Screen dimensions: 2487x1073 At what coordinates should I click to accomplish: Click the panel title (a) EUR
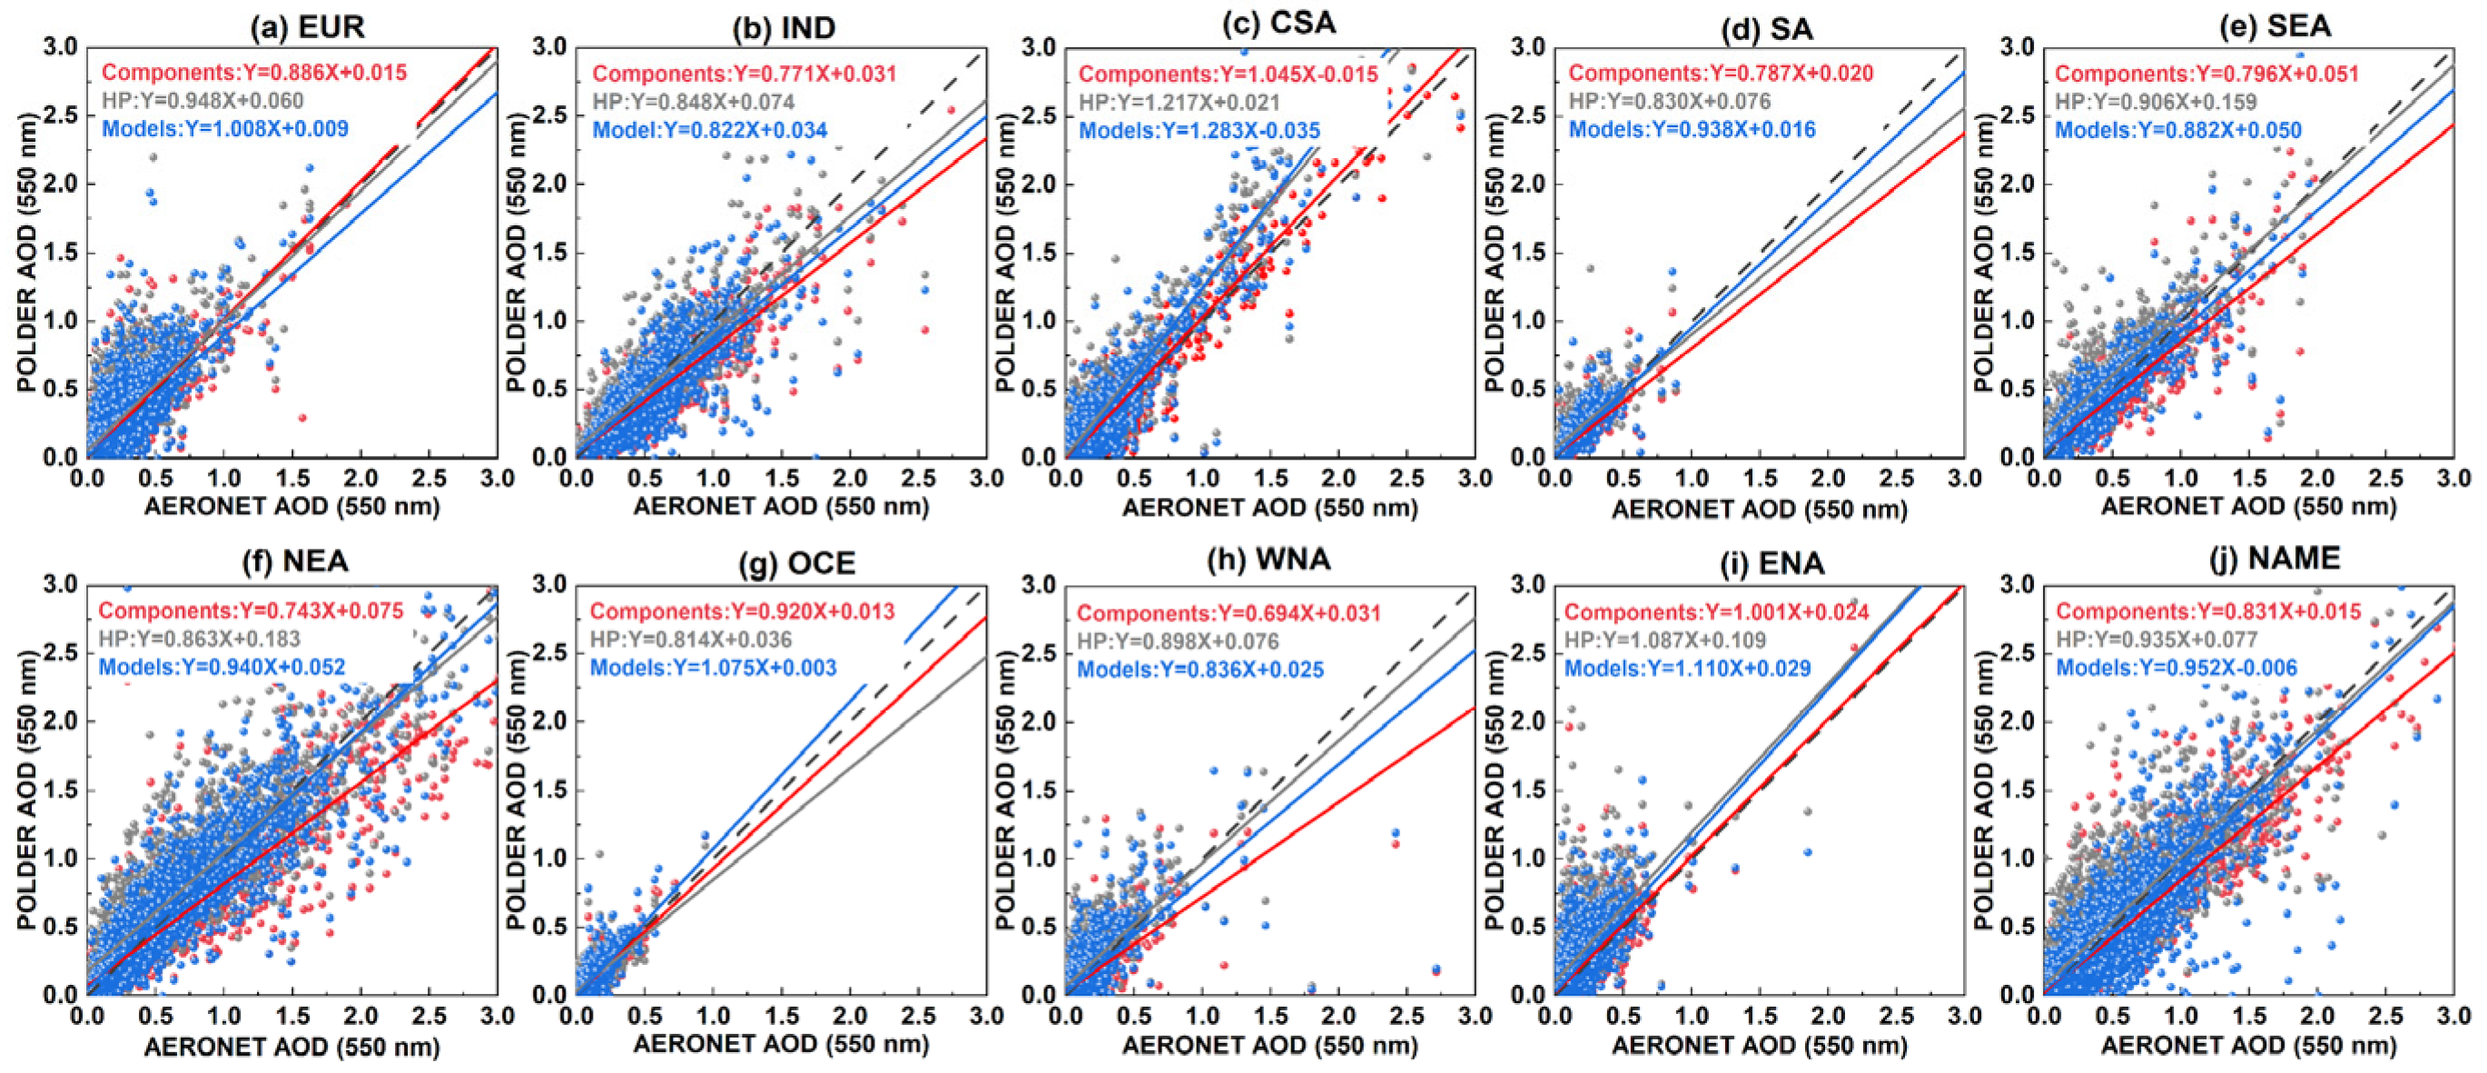(x=308, y=26)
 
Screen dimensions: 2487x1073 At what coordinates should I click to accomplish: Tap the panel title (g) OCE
(x=796, y=563)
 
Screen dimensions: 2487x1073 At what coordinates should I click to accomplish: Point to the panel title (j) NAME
(x=2275, y=558)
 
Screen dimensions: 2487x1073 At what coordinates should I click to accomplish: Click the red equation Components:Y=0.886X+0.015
(x=255, y=73)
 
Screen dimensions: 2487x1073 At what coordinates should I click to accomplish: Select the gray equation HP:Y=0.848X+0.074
(x=694, y=102)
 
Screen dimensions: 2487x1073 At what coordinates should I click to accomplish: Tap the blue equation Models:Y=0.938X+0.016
(x=1693, y=129)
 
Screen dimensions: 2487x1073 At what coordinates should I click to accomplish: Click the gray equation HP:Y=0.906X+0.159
(x=2156, y=102)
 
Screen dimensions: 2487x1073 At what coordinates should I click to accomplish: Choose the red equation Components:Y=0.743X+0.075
(x=251, y=611)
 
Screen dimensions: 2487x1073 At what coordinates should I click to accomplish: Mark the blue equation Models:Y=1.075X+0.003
(x=714, y=668)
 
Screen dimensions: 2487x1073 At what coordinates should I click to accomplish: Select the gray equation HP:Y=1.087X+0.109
(x=1665, y=640)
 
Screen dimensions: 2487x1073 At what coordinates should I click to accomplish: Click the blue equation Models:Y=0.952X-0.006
(x=2177, y=668)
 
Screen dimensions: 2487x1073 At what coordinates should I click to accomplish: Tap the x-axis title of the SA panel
(x=1759, y=509)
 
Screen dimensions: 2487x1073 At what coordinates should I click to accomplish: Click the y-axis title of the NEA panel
(x=26, y=790)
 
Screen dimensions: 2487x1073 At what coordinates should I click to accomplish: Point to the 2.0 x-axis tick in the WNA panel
(x=1339, y=1016)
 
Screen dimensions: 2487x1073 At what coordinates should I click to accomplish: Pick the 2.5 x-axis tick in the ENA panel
(x=1897, y=1016)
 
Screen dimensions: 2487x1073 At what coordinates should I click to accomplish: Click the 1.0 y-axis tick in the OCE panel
(x=551, y=858)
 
